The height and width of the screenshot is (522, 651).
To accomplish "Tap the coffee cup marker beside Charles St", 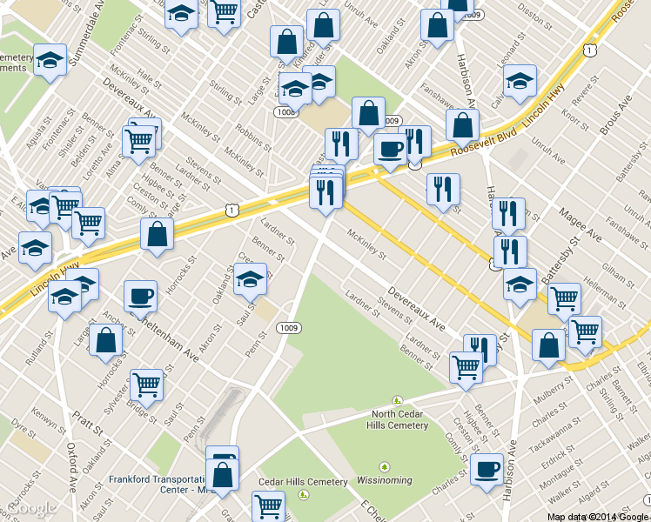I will tap(487, 469).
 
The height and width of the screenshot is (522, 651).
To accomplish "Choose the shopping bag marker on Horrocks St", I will tap(105, 342).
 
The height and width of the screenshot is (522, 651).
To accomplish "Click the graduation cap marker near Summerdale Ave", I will tap(50, 60).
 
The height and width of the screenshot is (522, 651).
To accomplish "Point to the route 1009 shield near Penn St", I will tap(289, 327).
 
